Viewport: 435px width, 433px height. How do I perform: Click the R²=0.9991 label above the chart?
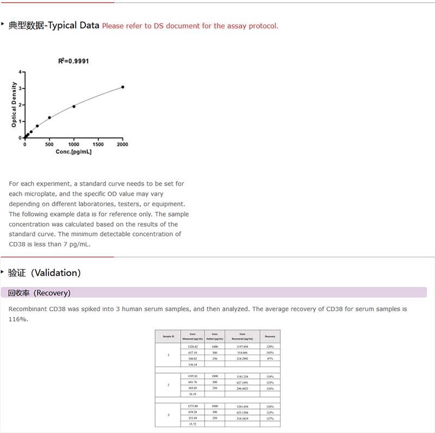tap(73, 61)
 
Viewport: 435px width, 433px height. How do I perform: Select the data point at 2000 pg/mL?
tap(122, 87)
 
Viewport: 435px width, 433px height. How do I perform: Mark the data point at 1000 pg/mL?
tap(74, 106)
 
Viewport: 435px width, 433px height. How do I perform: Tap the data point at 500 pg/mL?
tap(49, 117)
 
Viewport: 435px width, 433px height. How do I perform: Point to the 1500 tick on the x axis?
tap(98, 145)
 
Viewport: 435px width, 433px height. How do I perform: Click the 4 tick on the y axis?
tap(20, 72)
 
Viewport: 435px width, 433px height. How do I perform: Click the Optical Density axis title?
tap(14, 104)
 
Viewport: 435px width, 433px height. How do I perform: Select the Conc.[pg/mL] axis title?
tap(73, 152)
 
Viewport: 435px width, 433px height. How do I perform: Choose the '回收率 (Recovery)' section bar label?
tap(39, 293)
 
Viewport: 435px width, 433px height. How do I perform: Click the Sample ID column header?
tap(169, 336)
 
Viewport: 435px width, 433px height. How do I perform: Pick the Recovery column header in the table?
tap(270, 336)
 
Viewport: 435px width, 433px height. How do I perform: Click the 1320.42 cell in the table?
tap(192, 347)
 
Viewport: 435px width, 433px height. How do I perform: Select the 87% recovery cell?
tap(270, 358)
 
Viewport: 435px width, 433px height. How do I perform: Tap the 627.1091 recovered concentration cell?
tap(242, 382)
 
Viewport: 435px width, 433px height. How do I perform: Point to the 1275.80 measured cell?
tap(192, 406)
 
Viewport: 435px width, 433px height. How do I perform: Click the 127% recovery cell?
tap(270, 418)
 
